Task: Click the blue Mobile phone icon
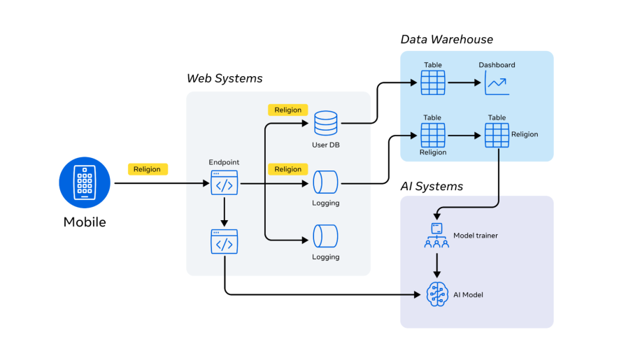coord(85,182)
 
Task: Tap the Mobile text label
coord(85,223)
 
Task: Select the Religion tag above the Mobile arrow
coord(148,169)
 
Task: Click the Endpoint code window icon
coord(224,183)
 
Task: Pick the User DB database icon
coord(325,124)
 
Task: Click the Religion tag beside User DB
coord(287,110)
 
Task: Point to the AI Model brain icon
coord(436,294)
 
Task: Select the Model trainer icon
coord(436,236)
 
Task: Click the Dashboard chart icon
coord(497,83)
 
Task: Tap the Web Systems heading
coord(225,78)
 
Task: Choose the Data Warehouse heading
coord(446,39)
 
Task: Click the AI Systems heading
coord(432,186)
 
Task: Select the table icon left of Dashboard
coord(433,82)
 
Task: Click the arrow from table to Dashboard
coord(463,82)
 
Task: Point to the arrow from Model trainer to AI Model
coord(436,265)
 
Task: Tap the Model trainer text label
coord(476,236)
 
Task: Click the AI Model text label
coord(468,295)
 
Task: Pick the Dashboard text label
coord(497,65)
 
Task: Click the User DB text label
coord(325,145)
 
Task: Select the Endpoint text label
coord(224,162)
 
